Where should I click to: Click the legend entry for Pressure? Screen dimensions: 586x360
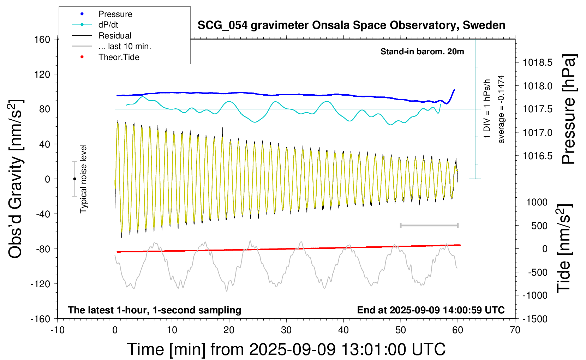click(x=102, y=14)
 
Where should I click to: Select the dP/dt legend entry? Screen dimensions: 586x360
click(x=95, y=25)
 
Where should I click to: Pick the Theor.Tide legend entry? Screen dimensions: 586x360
click(x=106, y=57)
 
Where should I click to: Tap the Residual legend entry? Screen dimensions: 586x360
click(x=102, y=36)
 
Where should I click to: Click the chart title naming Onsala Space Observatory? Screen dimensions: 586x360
click(x=351, y=25)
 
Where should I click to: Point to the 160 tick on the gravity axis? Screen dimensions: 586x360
click(x=42, y=40)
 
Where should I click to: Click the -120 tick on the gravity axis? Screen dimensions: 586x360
click(x=40, y=284)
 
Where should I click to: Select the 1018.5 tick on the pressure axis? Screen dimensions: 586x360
click(x=538, y=62)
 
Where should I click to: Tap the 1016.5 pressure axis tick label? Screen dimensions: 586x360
click(x=538, y=156)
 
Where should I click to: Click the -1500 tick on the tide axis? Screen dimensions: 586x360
click(x=535, y=319)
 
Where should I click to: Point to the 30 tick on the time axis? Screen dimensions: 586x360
click(x=286, y=330)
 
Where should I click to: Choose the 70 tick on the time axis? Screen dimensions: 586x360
click(x=515, y=330)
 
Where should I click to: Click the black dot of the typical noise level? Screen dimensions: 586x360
click(x=74, y=179)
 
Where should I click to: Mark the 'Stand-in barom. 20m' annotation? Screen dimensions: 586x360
click(x=422, y=52)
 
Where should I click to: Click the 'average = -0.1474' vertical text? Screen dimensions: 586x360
click(x=501, y=109)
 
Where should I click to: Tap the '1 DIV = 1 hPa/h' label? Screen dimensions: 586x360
click(x=486, y=109)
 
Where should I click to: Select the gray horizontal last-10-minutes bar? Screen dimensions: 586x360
click(x=429, y=226)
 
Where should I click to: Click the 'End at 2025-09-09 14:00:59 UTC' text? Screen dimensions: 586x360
click(x=431, y=310)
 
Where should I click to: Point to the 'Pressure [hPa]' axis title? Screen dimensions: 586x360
click(x=569, y=109)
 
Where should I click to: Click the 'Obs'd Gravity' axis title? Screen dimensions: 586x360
click(x=16, y=179)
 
